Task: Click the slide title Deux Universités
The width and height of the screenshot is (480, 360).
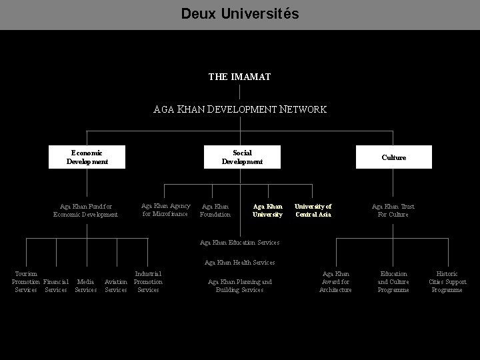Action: point(240,13)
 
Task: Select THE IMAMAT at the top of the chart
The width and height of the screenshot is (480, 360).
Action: point(239,77)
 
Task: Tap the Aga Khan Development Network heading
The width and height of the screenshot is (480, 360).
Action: point(240,109)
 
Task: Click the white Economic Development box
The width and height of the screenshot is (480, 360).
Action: point(87,157)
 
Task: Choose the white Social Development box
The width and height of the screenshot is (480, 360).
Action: point(242,157)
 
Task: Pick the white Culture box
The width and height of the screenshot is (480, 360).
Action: point(393,157)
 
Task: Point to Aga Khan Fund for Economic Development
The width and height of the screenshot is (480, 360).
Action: point(85,211)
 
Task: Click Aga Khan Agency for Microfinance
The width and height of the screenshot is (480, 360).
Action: point(166,210)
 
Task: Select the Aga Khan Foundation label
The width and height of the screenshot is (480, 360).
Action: point(215,211)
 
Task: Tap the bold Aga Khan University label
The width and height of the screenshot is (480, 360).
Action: point(267,211)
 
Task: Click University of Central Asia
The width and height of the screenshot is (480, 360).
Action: point(313,211)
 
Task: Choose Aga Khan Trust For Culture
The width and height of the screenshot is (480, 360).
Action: point(393,211)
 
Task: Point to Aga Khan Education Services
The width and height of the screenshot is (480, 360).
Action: point(239,242)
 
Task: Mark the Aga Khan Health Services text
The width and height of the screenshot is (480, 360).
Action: point(239,263)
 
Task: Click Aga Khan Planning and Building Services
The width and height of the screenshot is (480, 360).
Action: point(239,286)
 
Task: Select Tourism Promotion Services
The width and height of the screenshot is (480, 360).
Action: point(26,282)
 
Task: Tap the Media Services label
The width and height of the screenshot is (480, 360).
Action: point(85,286)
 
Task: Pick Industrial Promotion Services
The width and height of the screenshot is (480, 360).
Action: point(148,282)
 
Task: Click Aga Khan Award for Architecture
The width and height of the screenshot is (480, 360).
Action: point(335,282)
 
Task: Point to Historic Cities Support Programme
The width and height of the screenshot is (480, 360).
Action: point(447,282)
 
